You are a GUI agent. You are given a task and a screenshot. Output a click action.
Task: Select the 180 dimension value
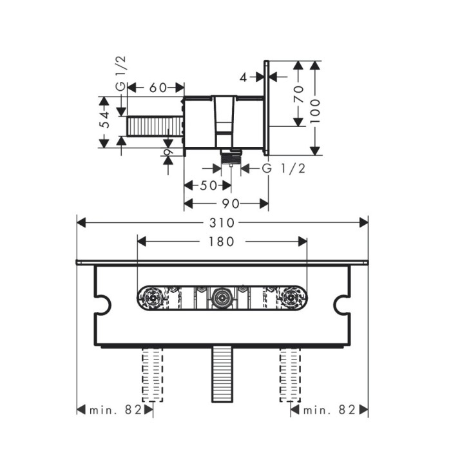pyautogui.click(x=222, y=242)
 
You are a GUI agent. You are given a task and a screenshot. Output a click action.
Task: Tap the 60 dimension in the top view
pyautogui.click(x=157, y=88)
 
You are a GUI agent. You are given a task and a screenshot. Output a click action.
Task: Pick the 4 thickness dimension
pyautogui.click(x=242, y=77)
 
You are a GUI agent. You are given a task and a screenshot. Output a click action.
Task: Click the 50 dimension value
pyautogui.click(x=207, y=186)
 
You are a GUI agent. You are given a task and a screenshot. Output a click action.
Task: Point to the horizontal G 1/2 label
pyautogui.click(x=283, y=169)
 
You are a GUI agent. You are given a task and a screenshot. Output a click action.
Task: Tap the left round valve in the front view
pyautogui.click(x=153, y=299)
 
